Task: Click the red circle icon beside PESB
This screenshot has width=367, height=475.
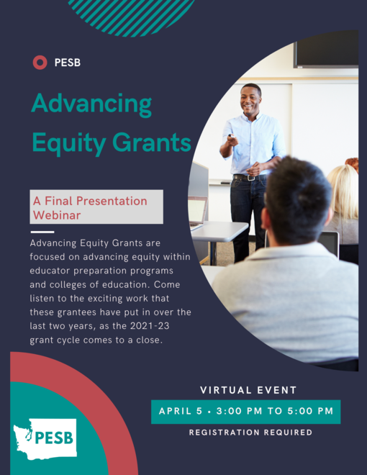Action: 40,63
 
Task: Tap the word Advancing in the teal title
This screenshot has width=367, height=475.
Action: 91,105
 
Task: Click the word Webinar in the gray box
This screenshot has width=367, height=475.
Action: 57,214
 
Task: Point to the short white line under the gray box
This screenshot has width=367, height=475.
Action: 42,232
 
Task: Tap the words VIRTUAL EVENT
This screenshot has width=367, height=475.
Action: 248,390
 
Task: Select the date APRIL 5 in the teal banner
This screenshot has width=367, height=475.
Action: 180,412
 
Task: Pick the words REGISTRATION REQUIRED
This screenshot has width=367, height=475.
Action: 250,433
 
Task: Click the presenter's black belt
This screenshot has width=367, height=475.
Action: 249,176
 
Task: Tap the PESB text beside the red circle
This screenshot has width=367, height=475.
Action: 67,63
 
